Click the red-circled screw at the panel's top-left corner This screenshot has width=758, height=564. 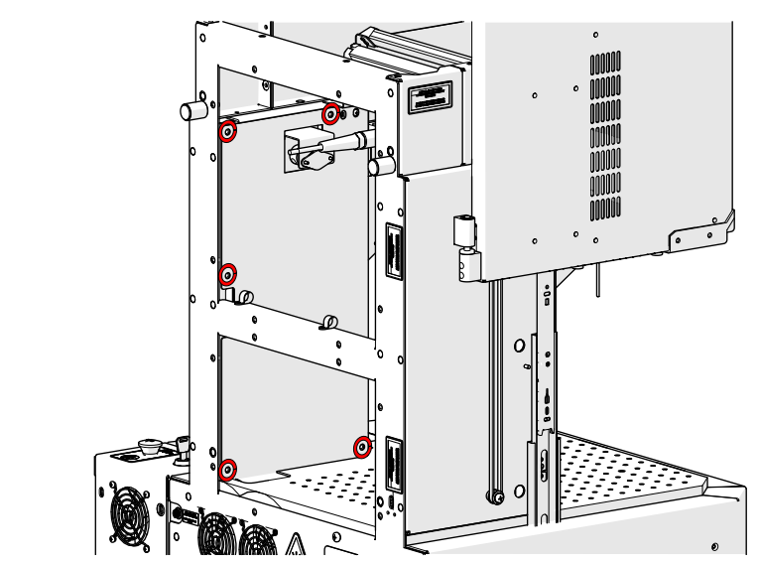pos(228,131)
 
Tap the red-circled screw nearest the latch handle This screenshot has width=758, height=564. pos(331,112)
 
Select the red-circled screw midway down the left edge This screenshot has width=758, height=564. pos(228,273)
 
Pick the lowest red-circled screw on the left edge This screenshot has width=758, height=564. pos(228,469)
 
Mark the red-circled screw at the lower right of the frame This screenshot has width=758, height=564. pos(363,447)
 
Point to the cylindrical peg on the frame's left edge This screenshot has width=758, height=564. pos(191,109)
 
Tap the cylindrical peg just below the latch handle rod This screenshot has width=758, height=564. pos(378,167)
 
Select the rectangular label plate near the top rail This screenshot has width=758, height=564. pos(430,97)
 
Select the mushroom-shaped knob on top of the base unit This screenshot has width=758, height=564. pos(151,446)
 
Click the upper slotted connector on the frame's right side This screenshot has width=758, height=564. pos(393,253)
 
